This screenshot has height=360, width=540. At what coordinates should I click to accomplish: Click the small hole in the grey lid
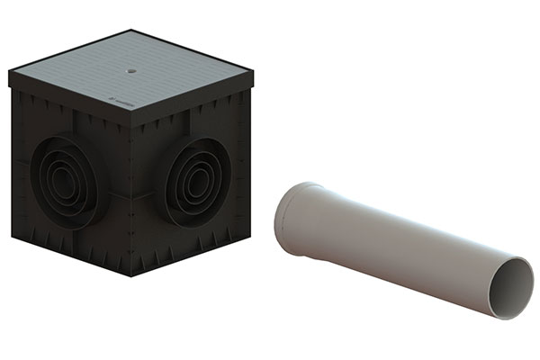[x=132, y=67]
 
